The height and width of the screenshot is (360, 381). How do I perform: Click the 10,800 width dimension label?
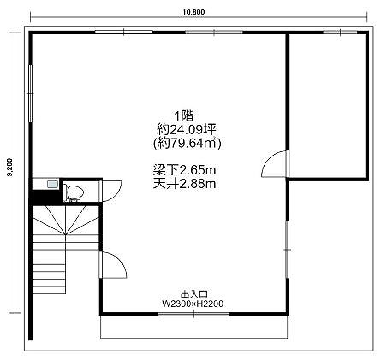(194, 12)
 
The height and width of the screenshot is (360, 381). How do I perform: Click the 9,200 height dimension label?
(10, 167)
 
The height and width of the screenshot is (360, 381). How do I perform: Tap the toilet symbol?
(74, 192)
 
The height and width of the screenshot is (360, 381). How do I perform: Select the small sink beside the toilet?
(52, 184)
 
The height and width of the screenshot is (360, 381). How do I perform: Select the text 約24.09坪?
(186, 130)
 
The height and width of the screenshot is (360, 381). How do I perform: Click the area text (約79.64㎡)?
(188, 144)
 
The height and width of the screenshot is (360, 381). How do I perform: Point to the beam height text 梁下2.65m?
(184, 170)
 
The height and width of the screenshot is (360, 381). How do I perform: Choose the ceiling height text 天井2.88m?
(184, 184)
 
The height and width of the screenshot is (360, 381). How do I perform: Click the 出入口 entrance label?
(194, 294)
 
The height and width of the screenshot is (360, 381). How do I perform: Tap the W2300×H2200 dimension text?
(193, 304)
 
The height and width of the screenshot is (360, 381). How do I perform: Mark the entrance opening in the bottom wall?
(193, 315)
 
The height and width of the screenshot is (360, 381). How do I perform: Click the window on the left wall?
(30, 93)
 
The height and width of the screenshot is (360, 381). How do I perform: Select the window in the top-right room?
(340, 32)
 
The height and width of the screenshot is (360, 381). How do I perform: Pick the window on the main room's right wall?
(287, 250)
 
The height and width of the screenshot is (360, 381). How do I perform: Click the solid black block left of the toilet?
(46, 197)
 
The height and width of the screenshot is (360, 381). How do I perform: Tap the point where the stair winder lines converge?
(66, 234)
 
